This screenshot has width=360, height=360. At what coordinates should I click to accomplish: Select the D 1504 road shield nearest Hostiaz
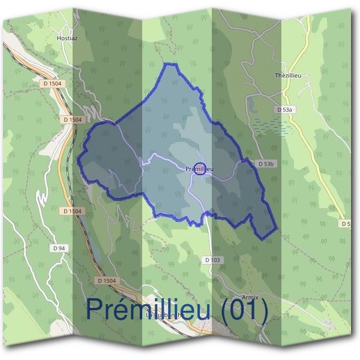[52, 83]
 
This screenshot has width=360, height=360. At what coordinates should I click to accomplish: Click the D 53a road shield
[285, 110]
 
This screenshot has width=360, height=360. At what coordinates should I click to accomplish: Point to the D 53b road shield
[266, 163]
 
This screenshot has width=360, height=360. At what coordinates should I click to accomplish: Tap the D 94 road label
[58, 248]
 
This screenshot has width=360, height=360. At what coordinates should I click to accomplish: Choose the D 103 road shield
[212, 260]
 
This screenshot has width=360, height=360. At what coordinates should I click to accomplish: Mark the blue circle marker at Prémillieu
[201, 169]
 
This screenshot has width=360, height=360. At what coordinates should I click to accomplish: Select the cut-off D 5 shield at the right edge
[346, 223]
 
